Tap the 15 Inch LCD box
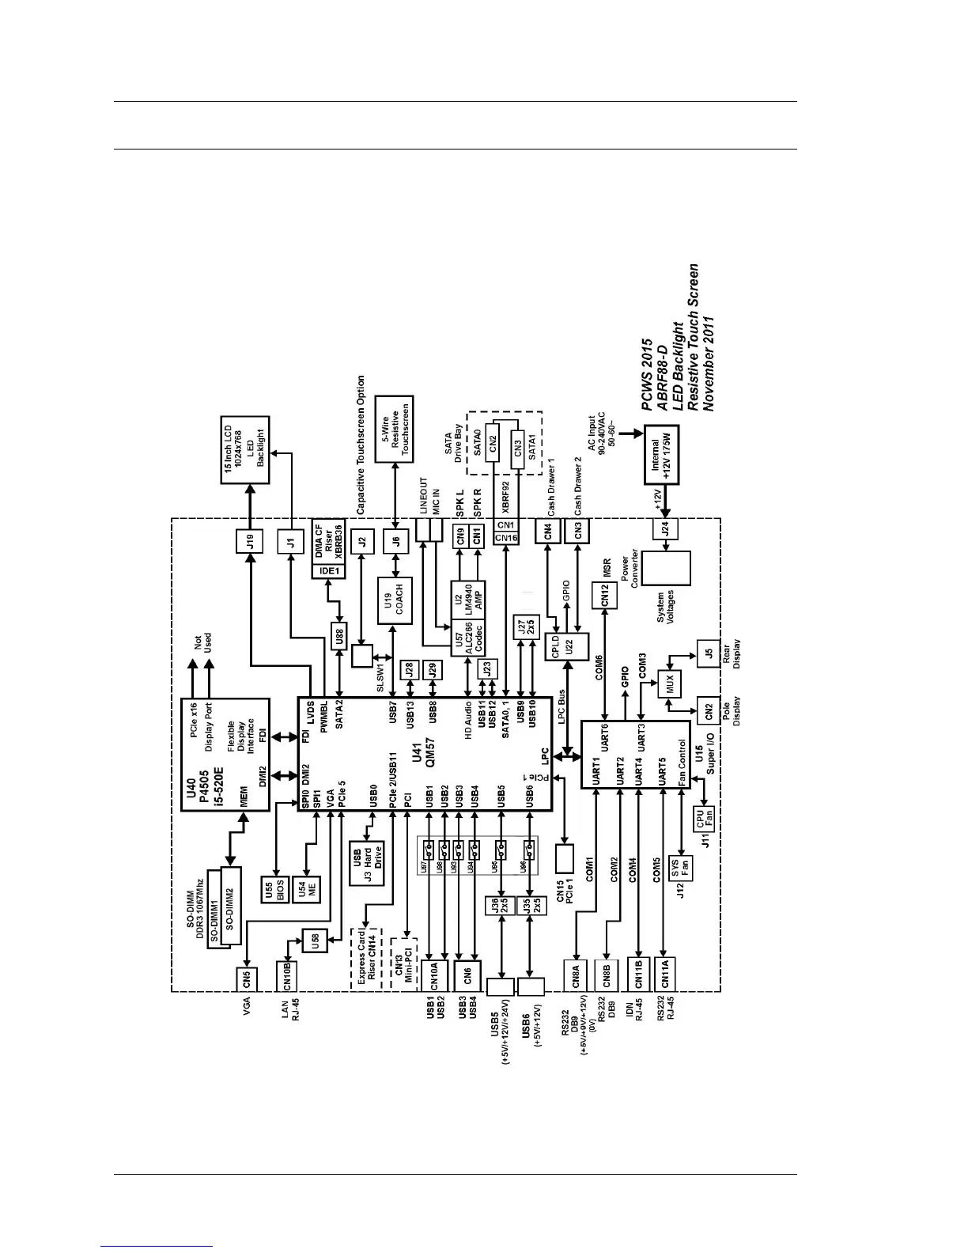(244, 450)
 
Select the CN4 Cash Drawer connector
(547, 532)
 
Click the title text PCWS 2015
(648, 375)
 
